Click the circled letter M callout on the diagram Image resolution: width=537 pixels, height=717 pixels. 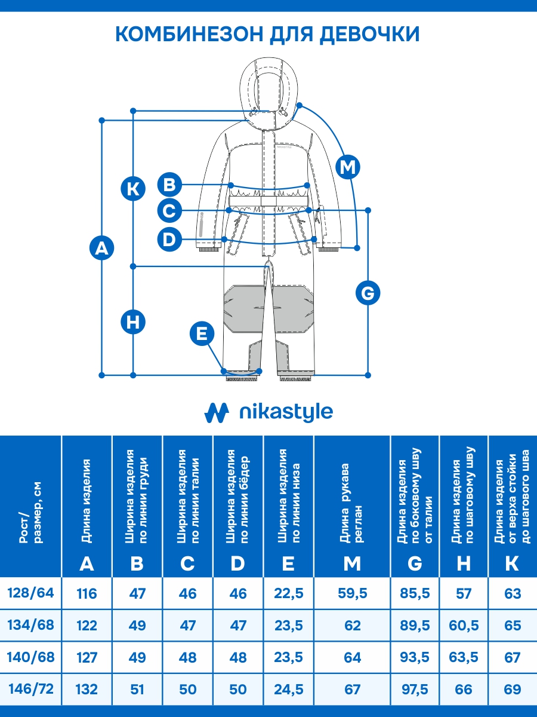pyautogui.click(x=347, y=167)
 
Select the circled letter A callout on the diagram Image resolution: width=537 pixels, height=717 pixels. pyautogui.click(x=102, y=247)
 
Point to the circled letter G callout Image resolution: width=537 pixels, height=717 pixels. pyautogui.click(x=368, y=293)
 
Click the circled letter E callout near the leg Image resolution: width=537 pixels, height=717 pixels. pyautogui.click(x=202, y=333)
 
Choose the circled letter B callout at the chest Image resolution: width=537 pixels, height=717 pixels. pyautogui.click(x=170, y=184)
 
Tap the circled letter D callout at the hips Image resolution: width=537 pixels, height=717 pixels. pyautogui.click(x=170, y=240)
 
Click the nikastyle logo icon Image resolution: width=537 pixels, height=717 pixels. pyautogui.click(x=217, y=412)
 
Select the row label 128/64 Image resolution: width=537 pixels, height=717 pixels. pyautogui.click(x=30, y=593)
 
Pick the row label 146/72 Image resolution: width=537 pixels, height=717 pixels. pyautogui.click(x=30, y=689)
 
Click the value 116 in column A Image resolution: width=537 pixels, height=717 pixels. pyautogui.click(x=87, y=594)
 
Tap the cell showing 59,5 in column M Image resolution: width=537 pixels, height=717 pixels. pyautogui.click(x=352, y=594)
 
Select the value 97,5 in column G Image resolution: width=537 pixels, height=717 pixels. pyautogui.click(x=415, y=690)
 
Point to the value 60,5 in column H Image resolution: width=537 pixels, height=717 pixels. pyautogui.click(x=464, y=626)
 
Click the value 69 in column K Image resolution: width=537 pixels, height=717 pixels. pyautogui.click(x=512, y=690)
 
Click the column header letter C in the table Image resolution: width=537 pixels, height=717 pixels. pyautogui.click(x=187, y=563)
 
